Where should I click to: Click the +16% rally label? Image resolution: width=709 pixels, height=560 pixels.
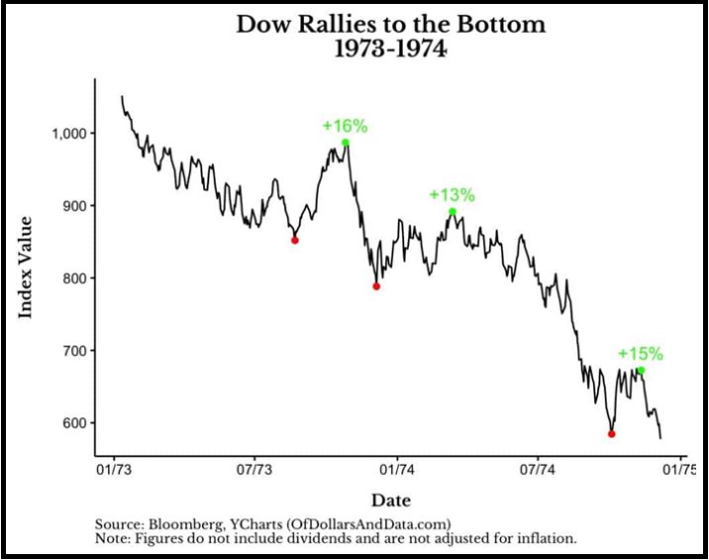345,126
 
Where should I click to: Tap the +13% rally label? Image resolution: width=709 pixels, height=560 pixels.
452,195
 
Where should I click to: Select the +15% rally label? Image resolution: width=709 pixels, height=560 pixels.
640,353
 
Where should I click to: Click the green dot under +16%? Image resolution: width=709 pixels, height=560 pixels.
346,142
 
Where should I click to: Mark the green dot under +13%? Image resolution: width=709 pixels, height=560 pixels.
453,211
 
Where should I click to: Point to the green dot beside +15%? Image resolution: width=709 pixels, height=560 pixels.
641,370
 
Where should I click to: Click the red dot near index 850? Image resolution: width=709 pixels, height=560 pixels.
294,239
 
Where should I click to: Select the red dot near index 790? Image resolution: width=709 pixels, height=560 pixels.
376,286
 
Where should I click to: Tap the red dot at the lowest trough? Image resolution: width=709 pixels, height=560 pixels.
612,433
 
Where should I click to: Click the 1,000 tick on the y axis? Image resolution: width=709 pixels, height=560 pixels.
66,134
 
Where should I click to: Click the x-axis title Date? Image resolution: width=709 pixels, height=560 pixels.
390,500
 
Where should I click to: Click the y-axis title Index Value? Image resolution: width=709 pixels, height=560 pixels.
27,266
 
